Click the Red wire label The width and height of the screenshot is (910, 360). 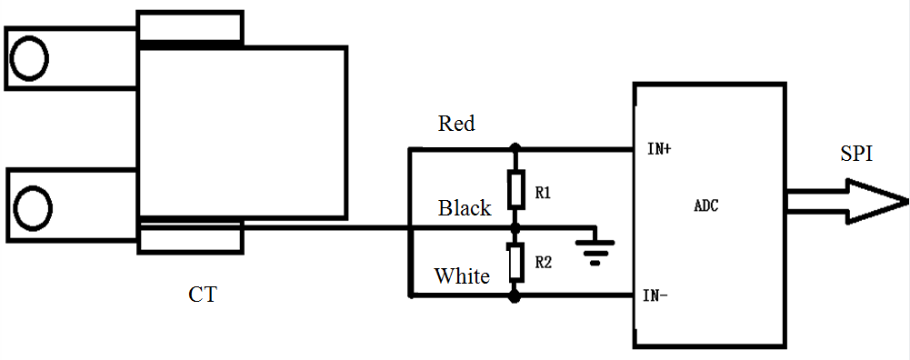tap(456, 123)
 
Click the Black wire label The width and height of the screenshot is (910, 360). tap(465, 208)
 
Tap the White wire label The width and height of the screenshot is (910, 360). tap(462, 275)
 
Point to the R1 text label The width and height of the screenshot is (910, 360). tap(544, 193)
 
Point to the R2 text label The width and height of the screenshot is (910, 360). tap(544, 263)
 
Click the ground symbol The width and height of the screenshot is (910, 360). tap(596, 247)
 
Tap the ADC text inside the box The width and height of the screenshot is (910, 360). tap(706, 206)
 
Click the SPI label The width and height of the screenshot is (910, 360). tap(855, 155)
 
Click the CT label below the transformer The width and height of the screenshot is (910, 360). tap(203, 295)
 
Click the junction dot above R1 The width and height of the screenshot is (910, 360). tap(515, 148)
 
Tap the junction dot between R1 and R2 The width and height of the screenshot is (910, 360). tap(515, 226)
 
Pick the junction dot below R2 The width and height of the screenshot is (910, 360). tap(515, 295)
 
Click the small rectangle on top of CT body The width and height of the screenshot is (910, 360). tap(190, 26)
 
